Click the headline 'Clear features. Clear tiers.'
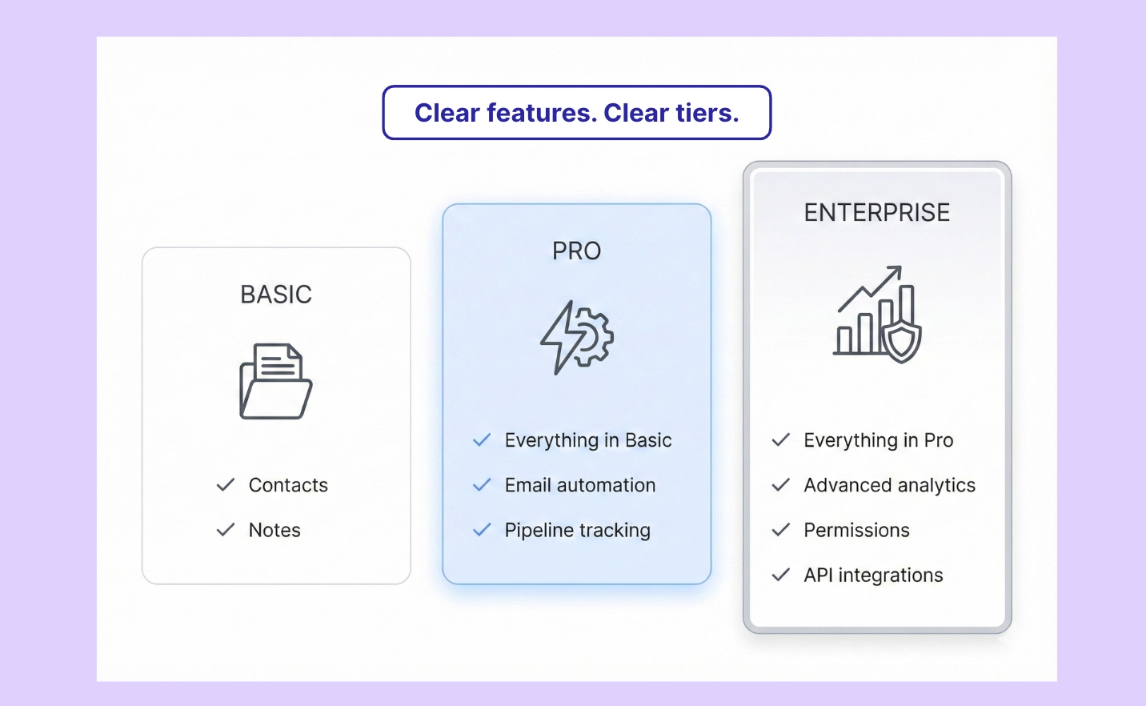coord(576,113)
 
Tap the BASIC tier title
coord(276,295)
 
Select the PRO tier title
coord(576,251)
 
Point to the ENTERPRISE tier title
coord(877,213)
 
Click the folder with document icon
coord(276,381)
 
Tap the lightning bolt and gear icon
coord(576,337)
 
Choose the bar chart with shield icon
coord(877,314)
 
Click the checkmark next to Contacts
coord(226,485)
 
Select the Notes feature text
coord(274,530)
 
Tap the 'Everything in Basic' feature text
coord(588,440)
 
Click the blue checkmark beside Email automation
coord(482,485)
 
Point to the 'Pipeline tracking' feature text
coord(578,530)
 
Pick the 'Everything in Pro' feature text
coord(879,440)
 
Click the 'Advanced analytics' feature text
coord(890,485)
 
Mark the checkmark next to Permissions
coord(781,530)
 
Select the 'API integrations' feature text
coord(874,575)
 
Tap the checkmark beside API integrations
coord(781,575)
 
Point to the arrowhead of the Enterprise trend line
coord(896,271)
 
